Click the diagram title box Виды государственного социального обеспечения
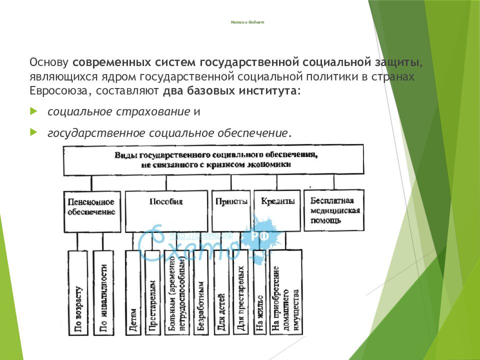[x=213, y=159]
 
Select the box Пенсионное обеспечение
[x=91, y=210]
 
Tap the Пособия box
[x=166, y=210]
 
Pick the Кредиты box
[x=277, y=210]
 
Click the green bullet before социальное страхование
[x=33, y=111]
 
